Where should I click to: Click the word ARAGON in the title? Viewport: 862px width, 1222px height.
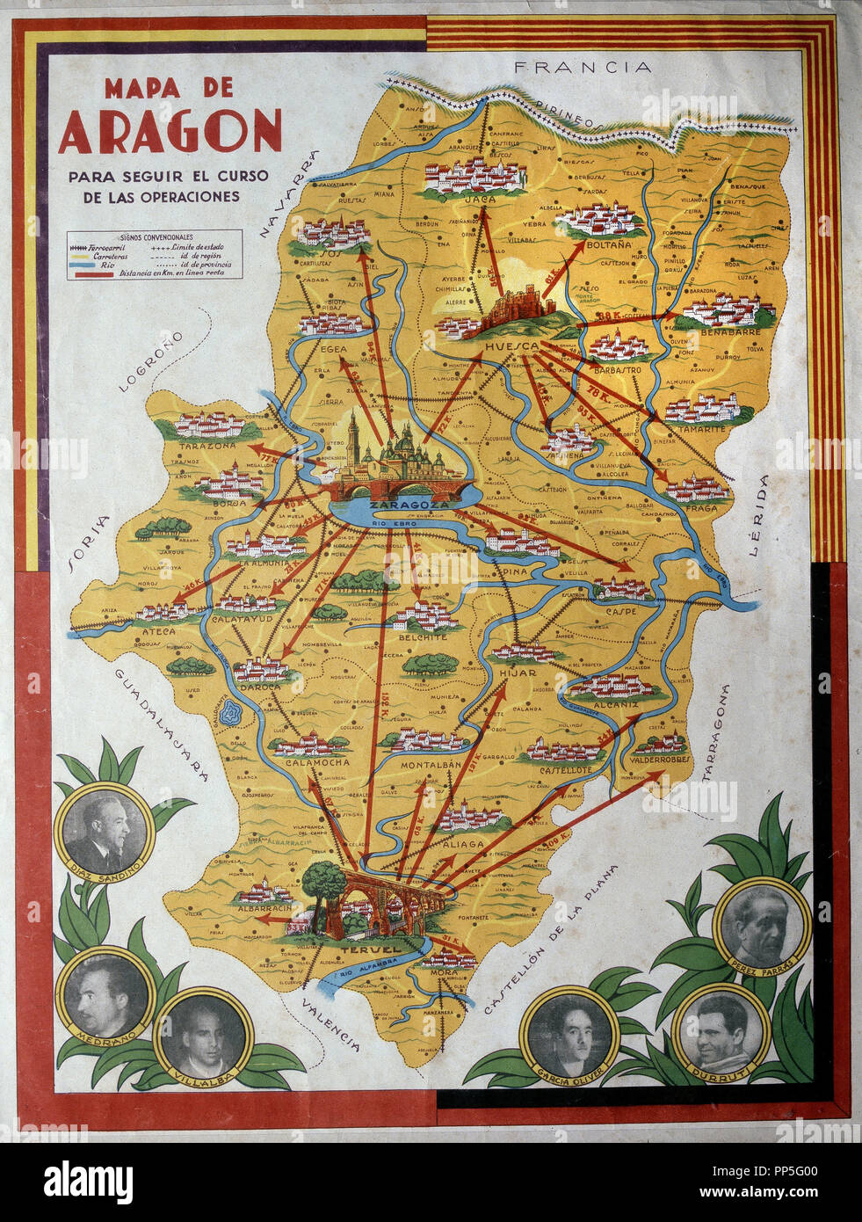(x=170, y=132)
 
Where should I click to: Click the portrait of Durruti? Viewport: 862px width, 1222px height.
(x=721, y=1029)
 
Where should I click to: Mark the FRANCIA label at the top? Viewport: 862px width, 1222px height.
(x=583, y=67)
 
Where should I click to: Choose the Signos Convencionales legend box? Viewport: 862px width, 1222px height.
(x=155, y=255)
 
